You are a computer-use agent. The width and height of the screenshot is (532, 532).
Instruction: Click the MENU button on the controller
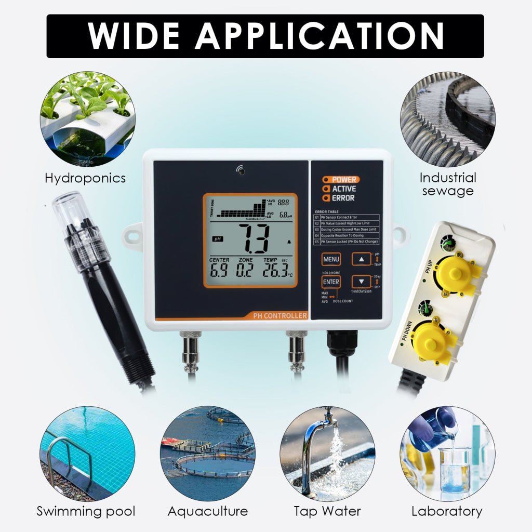point(331,259)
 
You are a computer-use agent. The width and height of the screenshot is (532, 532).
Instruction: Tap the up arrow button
point(361,259)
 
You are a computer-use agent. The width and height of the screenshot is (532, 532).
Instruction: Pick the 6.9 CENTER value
point(219,271)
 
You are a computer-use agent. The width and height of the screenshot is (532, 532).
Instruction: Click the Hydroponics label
point(85,178)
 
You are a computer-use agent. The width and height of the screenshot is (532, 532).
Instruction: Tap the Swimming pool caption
point(86,511)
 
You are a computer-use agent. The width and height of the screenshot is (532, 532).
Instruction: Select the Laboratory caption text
point(447,511)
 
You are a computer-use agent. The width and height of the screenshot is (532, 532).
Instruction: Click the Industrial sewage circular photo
point(447,119)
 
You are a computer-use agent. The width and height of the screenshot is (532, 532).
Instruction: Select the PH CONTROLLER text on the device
point(280,315)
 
